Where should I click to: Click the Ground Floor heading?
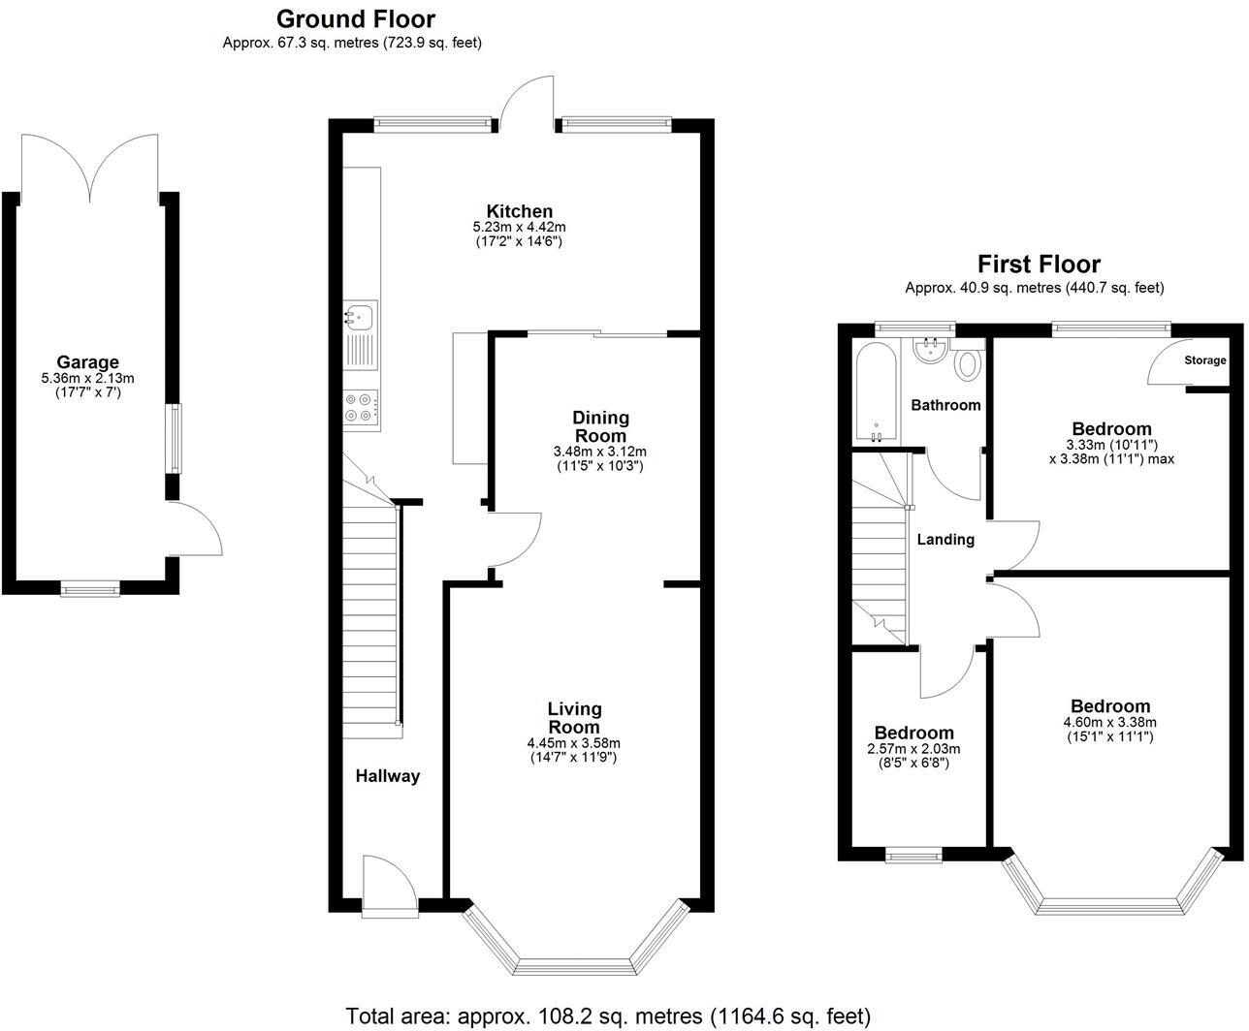[355, 18]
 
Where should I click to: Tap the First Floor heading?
[1038, 264]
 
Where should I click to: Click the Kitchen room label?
[519, 211]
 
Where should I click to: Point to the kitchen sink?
[360, 315]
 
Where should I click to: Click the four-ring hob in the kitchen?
[360, 406]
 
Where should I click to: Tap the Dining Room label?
[599, 426]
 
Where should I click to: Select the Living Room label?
[574, 718]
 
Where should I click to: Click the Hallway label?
[387, 775]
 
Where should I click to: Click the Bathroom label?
[945, 405]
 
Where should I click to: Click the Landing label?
[945, 539]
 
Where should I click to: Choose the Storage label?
[1204, 360]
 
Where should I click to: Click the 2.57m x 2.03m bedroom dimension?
[913, 749]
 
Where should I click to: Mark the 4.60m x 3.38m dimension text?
[1109, 722]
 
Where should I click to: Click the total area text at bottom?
[608, 1015]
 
